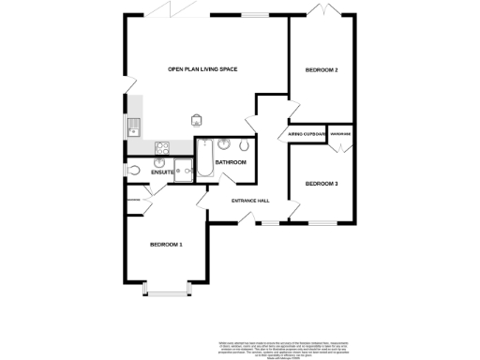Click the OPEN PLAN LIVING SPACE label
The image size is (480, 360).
[x=203, y=69]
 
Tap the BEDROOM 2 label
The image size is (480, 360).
[x=322, y=70]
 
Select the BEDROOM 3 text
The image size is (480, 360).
[x=322, y=183]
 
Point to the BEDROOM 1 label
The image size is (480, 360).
[x=166, y=245]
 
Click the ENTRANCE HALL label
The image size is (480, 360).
[x=250, y=200]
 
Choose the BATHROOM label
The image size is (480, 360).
[x=231, y=162]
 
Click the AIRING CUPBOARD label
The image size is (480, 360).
[x=307, y=134]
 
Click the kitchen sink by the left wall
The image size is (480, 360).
[x=134, y=127]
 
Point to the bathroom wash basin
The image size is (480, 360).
[x=226, y=144]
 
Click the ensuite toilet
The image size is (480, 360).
[x=135, y=171]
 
